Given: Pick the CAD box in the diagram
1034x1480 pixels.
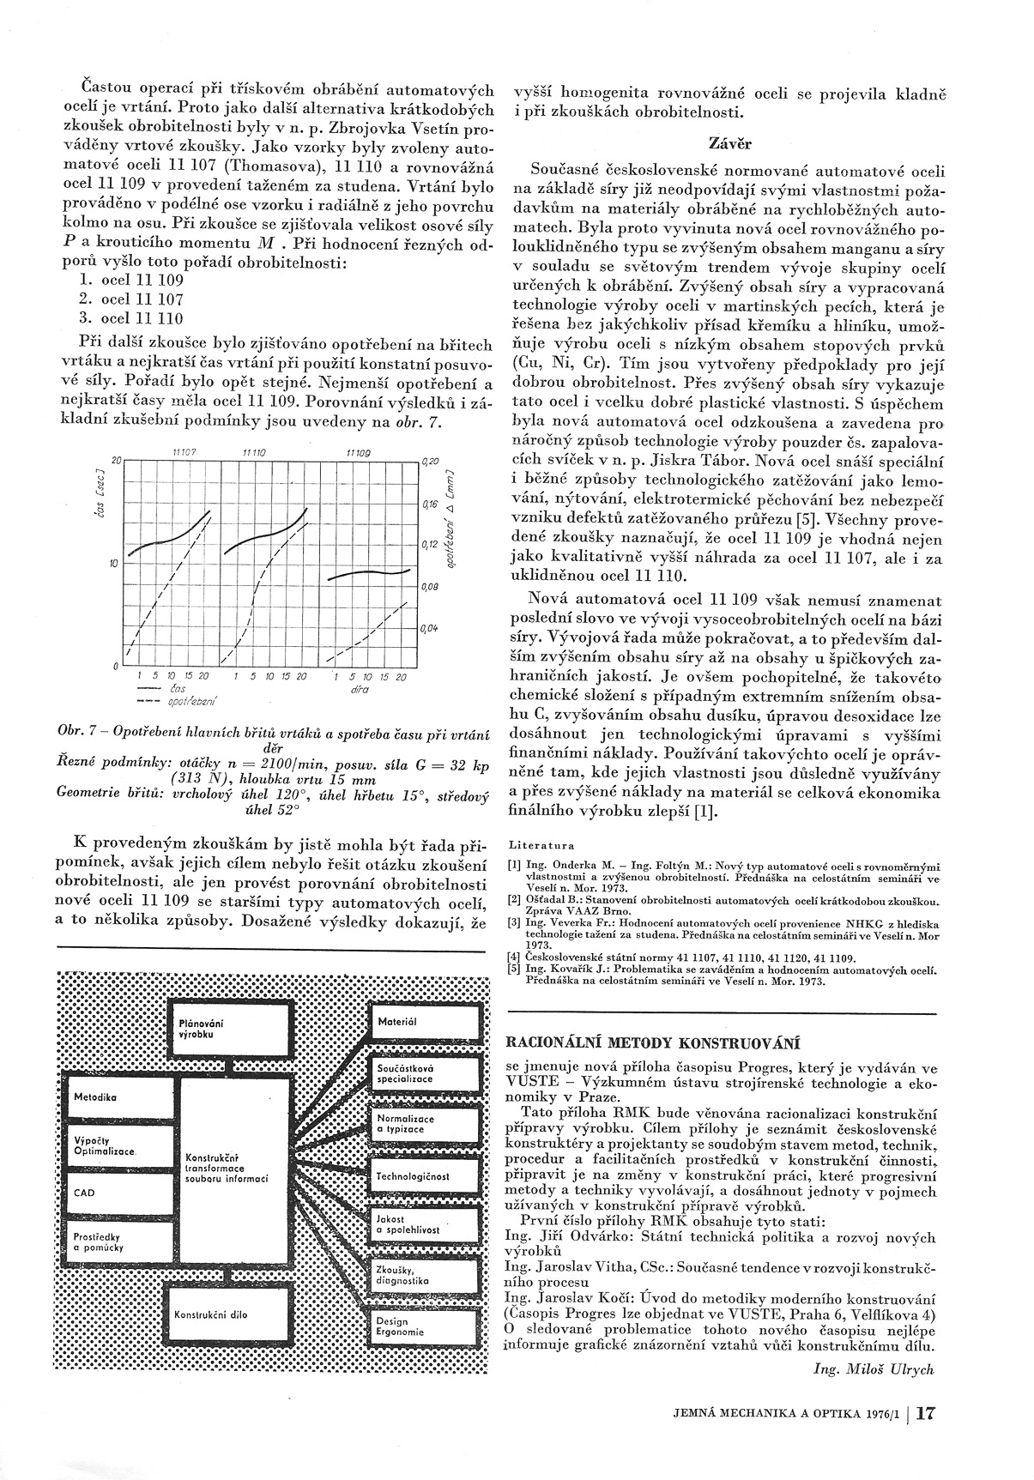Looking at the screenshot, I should point(119,1193).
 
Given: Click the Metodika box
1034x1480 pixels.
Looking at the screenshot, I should point(119,1097).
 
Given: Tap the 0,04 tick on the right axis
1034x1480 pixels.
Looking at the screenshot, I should point(429,629).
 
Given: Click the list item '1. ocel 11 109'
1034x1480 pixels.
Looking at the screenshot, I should point(130,280).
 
